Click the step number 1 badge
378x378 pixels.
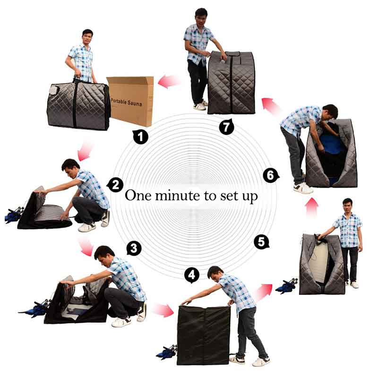click(x=140, y=137)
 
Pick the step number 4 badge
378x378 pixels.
click(x=191, y=275)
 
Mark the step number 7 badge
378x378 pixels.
click(x=226, y=127)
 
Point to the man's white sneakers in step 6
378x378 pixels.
click(x=302, y=188)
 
